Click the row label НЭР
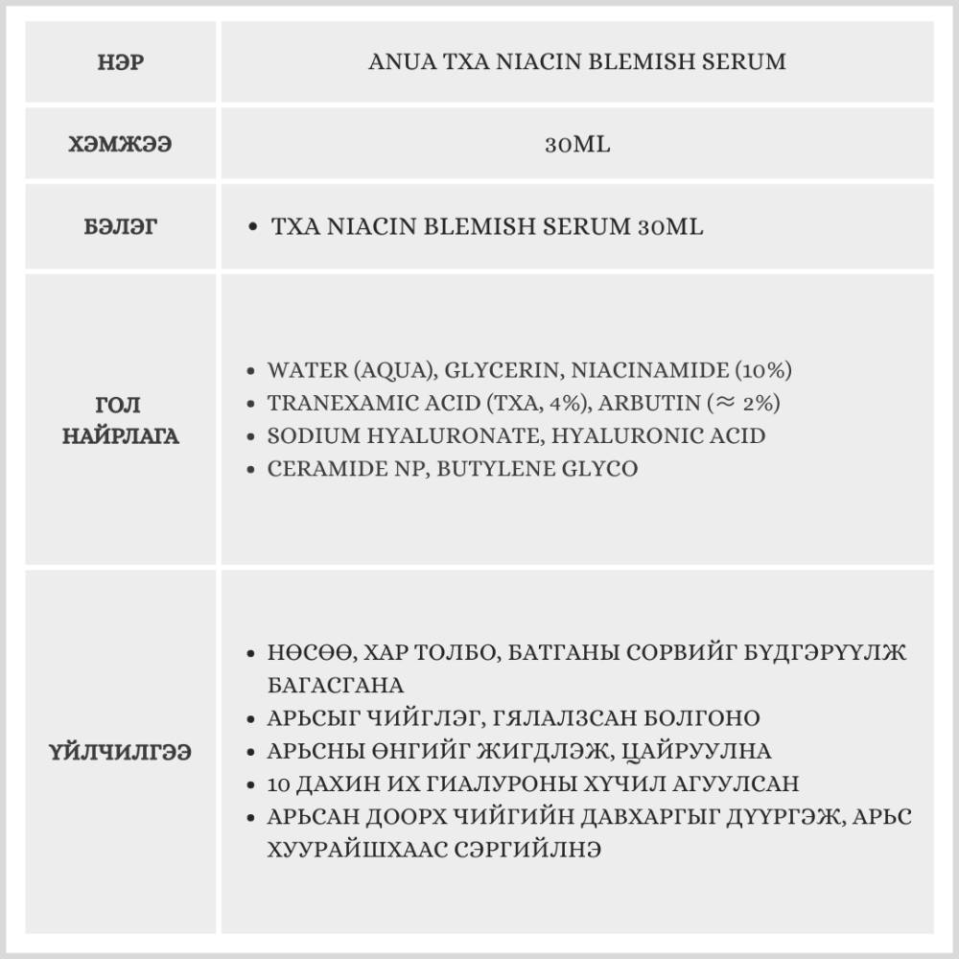(122, 63)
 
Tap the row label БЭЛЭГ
(122, 227)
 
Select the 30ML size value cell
(576, 146)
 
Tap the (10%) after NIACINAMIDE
(754, 370)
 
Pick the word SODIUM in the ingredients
(306, 435)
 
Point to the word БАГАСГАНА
(336, 686)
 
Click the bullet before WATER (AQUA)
(250, 370)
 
